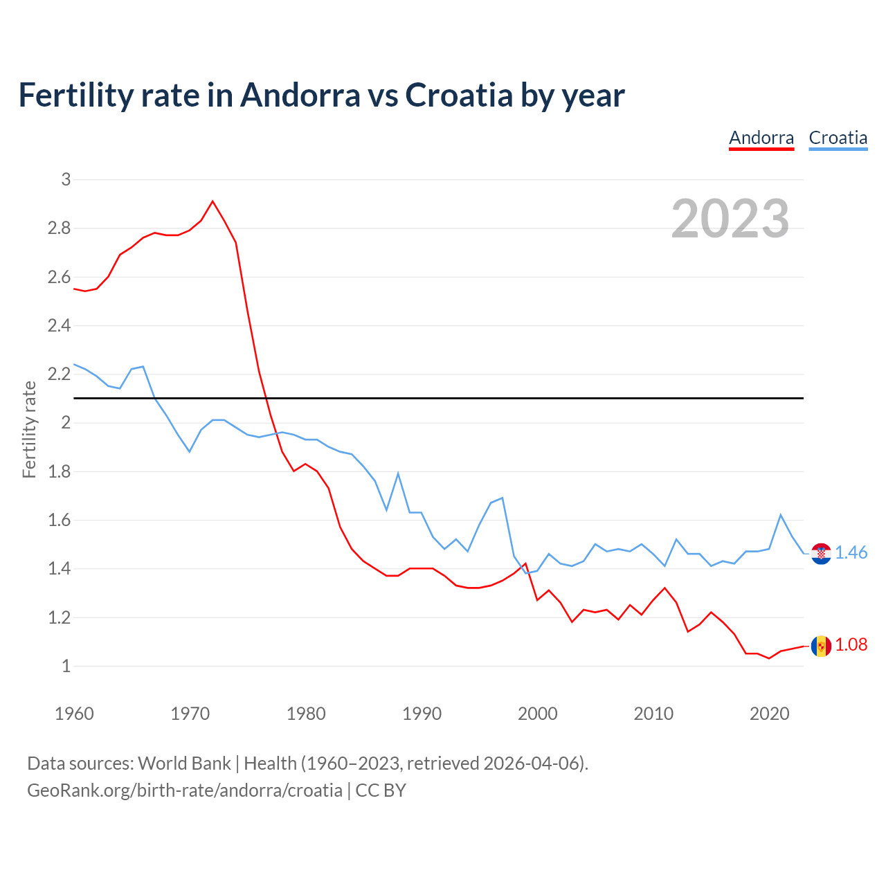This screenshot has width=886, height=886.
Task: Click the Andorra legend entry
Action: tap(761, 138)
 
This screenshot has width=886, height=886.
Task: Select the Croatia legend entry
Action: tap(838, 138)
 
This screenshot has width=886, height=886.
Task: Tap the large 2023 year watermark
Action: tap(730, 219)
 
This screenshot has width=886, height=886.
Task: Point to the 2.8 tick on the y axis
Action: tap(59, 228)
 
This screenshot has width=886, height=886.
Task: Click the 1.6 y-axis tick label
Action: tap(59, 521)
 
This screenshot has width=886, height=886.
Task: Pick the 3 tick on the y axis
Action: tap(66, 180)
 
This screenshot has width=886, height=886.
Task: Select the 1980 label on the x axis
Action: tap(306, 714)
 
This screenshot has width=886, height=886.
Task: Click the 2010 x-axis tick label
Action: tap(653, 714)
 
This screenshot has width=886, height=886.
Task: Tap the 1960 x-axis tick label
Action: tap(74, 714)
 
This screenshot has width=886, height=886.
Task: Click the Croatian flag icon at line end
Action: tap(821, 553)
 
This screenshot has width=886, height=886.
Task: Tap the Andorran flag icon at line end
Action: tap(821, 646)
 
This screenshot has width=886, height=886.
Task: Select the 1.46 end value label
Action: tap(851, 553)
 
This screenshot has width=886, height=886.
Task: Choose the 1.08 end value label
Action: tap(851, 645)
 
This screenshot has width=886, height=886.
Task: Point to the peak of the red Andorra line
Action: tap(213, 201)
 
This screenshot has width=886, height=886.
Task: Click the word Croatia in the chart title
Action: tap(458, 96)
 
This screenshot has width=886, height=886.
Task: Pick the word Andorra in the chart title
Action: tap(300, 96)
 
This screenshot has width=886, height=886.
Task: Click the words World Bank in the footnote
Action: tap(184, 763)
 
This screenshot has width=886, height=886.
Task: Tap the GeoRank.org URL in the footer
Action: tap(184, 790)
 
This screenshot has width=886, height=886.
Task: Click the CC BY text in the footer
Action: tap(381, 790)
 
